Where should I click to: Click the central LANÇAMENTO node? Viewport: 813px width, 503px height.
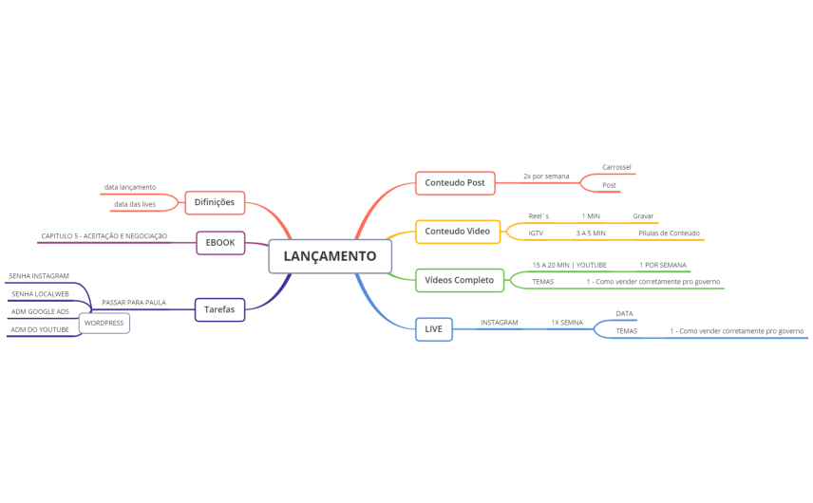pyautogui.click(x=330, y=256)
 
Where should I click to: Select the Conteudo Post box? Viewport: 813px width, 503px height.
pyautogui.click(x=455, y=183)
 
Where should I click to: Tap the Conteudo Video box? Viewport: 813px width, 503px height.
pyautogui.click(x=458, y=232)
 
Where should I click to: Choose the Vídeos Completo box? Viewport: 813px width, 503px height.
pyautogui.click(x=460, y=280)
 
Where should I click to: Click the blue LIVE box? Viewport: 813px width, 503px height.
pyautogui.click(x=434, y=329)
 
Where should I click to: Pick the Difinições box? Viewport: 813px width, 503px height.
pyautogui.click(x=215, y=202)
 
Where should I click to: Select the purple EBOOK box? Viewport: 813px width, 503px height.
pyautogui.click(x=220, y=243)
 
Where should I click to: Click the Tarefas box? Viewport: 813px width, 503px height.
pyautogui.click(x=219, y=309)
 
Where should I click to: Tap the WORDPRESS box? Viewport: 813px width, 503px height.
pyautogui.click(x=104, y=324)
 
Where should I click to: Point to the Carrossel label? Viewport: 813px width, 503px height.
pyautogui.click(x=616, y=167)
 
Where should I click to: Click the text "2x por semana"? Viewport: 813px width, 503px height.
pyautogui.click(x=546, y=177)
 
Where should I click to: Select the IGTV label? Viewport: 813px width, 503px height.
pyautogui.click(x=536, y=233)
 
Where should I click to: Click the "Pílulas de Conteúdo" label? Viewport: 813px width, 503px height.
pyautogui.click(x=669, y=233)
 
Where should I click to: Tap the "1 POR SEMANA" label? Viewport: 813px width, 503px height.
pyautogui.click(x=663, y=265)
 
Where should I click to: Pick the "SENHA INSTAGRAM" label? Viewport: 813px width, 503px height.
pyautogui.click(x=39, y=276)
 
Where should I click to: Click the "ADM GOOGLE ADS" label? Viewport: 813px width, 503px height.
pyautogui.click(x=40, y=312)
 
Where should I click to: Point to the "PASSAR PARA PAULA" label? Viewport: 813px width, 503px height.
pyautogui.click(x=134, y=303)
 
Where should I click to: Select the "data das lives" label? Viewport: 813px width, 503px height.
pyautogui.click(x=135, y=204)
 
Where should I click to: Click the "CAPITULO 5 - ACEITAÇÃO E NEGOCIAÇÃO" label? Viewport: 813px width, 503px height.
pyautogui.click(x=104, y=236)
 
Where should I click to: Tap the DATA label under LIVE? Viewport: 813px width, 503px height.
pyautogui.click(x=624, y=313)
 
